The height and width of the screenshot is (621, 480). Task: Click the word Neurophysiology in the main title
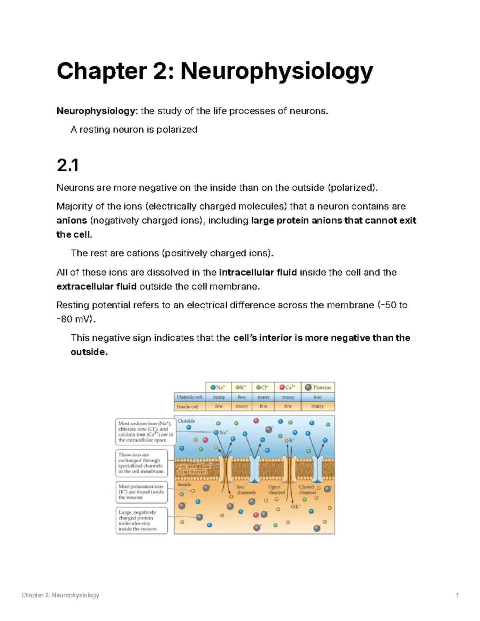[x=276, y=71]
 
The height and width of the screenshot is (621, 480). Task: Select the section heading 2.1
[x=67, y=165]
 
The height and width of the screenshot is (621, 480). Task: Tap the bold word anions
[x=72, y=221]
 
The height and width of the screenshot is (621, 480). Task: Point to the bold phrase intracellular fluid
[x=258, y=273]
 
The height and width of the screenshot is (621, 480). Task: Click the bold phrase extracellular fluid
[x=96, y=287]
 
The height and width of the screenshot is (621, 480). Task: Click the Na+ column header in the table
[x=218, y=387]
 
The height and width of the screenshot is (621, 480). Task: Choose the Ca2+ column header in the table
[x=288, y=387]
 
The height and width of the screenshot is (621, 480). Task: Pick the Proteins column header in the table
[x=318, y=387]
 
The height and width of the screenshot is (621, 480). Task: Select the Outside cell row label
[x=190, y=397]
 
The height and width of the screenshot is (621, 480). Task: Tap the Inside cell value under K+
[x=242, y=406]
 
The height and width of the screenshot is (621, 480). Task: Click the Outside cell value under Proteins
[x=318, y=397]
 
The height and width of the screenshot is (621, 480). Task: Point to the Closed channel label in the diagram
[x=307, y=490]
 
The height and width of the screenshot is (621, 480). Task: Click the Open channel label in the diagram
[x=276, y=490]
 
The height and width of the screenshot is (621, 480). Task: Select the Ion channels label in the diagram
[x=246, y=490]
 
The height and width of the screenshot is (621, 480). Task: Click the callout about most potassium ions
[x=141, y=492]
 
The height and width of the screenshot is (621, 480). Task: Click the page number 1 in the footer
[x=457, y=595]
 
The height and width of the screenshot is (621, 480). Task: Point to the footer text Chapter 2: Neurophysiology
[x=60, y=595]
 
